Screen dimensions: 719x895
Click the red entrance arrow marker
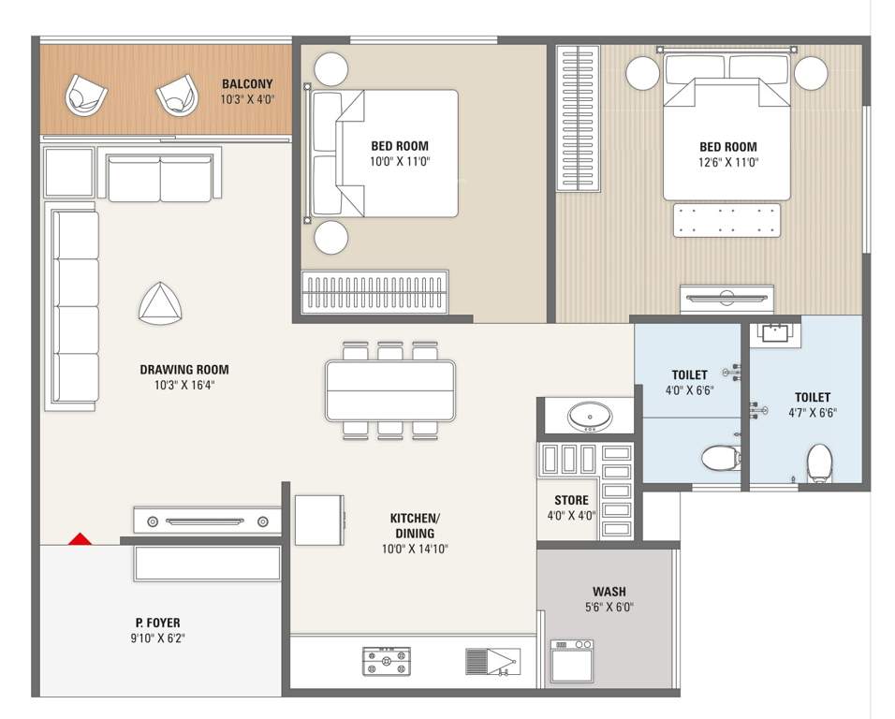coord(81,539)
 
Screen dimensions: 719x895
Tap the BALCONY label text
coord(247,83)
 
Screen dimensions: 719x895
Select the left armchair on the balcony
coord(84,95)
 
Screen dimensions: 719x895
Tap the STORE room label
coord(571,501)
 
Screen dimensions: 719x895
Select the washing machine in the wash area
coord(572,661)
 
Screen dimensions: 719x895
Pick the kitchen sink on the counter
coord(492,662)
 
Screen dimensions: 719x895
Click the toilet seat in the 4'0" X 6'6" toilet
coord(721,458)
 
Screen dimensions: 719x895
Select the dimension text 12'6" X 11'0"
coord(727,162)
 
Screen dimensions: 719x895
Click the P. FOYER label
coord(157,622)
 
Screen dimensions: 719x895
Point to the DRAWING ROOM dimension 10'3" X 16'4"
coord(184,384)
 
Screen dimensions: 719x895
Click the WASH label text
coord(609,592)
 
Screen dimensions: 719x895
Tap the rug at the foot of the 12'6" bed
coord(726,220)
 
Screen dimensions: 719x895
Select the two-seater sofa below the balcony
coord(160,178)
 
